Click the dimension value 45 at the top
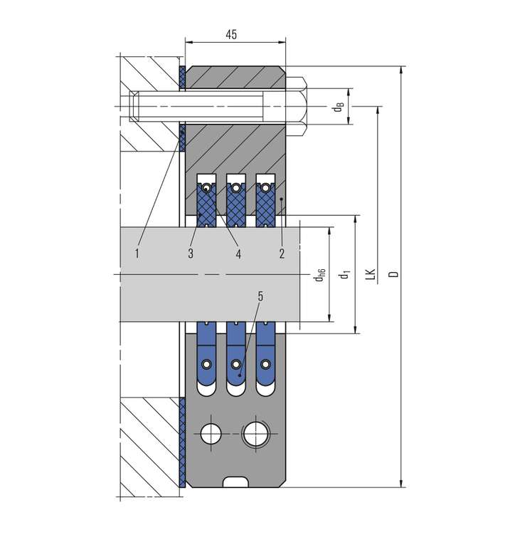231,34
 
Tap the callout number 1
137,254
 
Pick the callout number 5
260,296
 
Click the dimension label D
393,273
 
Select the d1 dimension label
345,274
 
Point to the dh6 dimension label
319,275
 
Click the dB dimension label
339,107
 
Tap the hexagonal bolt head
296,106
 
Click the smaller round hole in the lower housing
211,434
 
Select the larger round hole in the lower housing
256,434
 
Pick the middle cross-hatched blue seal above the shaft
236,205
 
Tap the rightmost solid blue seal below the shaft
265,353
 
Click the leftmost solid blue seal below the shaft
207,353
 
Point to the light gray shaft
210,274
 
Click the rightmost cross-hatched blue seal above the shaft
265,205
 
